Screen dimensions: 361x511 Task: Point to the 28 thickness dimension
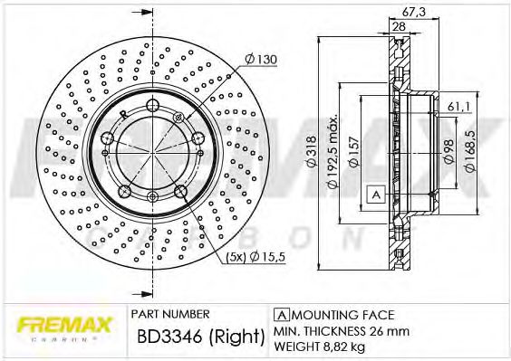398,26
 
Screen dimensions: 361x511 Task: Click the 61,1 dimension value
458,108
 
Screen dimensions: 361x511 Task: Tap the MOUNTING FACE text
341,314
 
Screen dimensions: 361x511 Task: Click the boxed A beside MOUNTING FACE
280,314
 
